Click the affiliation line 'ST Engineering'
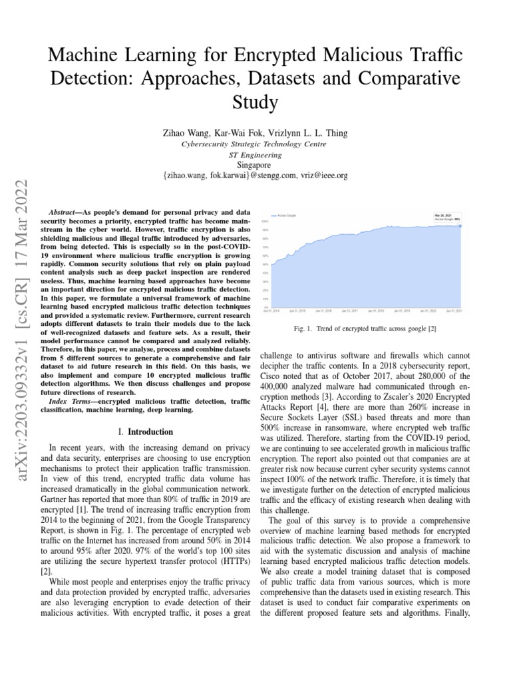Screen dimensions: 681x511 click(x=255, y=154)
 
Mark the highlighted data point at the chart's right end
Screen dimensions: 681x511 click(x=460, y=225)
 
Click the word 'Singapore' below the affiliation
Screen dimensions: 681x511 click(x=255, y=165)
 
